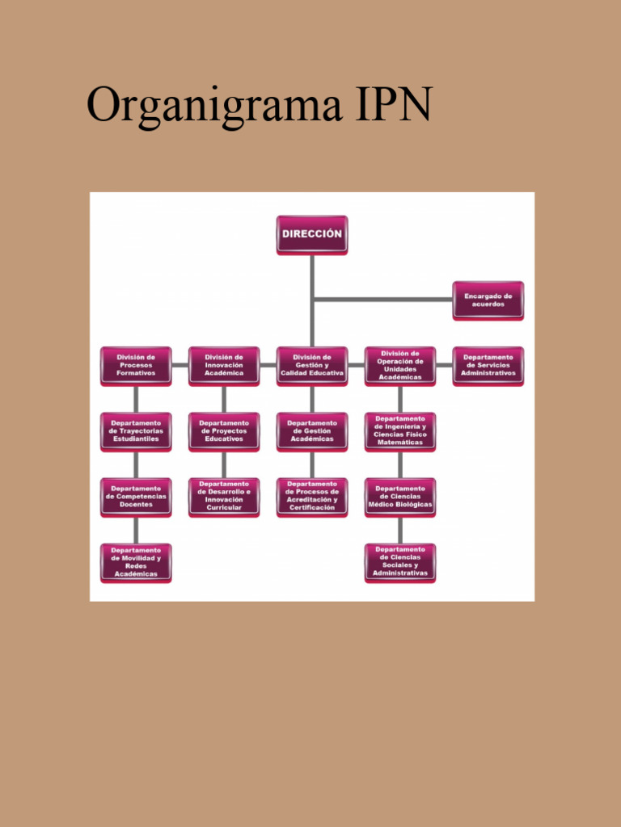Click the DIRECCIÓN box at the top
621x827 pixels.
[x=311, y=234]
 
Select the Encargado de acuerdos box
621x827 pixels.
[x=488, y=300]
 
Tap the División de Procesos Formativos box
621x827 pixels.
[x=136, y=366]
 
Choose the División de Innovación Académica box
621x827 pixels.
[x=224, y=366]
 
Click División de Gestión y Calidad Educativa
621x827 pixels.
[x=311, y=366]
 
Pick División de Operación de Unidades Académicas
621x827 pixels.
[x=399, y=366]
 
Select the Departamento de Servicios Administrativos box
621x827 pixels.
[x=488, y=366]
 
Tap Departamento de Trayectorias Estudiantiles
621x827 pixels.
[x=136, y=431]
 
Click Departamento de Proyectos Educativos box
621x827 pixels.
[x=224, y=431]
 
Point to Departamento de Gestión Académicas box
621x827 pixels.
[x=311, y=431]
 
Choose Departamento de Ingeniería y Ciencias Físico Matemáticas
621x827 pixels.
[x=399, y=431]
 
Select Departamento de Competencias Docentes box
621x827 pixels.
[x=136, y=497]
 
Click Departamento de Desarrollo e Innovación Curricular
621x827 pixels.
[x=224, y=497]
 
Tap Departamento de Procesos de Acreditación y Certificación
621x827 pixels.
[x=311, y=497]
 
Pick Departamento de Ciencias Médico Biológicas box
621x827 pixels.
[x=399, y=497]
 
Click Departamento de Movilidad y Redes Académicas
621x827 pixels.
[x=136, y=562]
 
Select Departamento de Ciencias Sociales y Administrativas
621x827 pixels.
[x=399, y=562]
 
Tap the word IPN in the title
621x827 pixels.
[x=392, y=105]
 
